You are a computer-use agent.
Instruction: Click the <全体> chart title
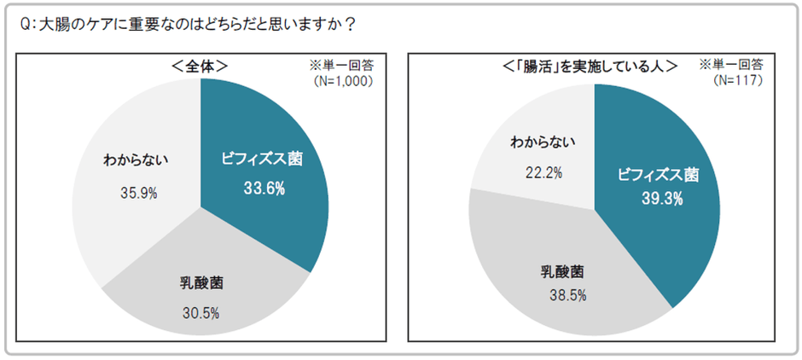200,66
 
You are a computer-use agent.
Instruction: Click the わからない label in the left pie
137,159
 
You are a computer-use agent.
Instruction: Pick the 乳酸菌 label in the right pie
563,272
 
